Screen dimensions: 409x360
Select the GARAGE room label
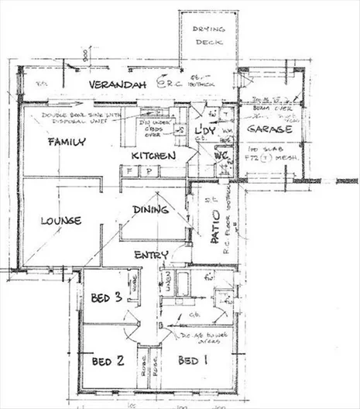(270, 129)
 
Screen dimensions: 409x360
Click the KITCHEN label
(153, 156)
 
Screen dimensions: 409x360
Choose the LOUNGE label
(60, 221)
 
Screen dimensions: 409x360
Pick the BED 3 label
(106, 297)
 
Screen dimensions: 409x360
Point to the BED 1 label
(192, 361)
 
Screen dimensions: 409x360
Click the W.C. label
(218, 154)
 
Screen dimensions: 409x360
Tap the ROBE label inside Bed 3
(133, 286)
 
